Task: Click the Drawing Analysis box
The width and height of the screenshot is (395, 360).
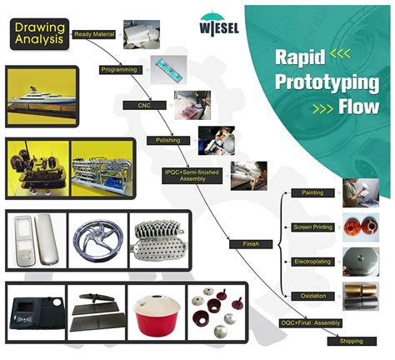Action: coord(39,34)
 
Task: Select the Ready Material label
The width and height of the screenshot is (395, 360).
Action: coord(94,34)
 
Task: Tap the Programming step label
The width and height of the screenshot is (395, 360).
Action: coord(121,70)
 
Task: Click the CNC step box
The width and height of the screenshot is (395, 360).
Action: coord(145,105)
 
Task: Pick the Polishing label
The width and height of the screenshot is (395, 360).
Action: coord(168,140)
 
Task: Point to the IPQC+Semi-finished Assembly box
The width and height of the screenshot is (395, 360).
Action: coord(192,176)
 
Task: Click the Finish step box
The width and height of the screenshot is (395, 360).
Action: coord(251,244)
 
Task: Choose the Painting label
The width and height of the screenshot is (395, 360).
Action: coord(312,192)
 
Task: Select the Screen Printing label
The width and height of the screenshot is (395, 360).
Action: coord(312,227)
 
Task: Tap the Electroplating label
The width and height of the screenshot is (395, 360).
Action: coord(312,262)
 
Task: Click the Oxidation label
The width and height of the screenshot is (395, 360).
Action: coord(312,296)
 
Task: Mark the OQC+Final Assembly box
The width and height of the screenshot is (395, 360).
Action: coord(311,323)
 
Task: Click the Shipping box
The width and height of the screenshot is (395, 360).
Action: coord(352,341)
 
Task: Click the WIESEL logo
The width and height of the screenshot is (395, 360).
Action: coord(219,23)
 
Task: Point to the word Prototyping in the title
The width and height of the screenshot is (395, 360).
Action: coord(327,82)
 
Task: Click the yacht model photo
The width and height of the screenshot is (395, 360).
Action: coord(42,97)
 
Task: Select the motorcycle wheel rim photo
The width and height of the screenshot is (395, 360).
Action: coord(97,241)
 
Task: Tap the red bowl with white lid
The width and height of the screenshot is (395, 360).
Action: coord(157,313)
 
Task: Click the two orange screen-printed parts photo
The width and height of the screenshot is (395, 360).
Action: coord(361,227)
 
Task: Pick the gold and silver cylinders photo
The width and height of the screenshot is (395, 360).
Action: coord(361,297)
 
